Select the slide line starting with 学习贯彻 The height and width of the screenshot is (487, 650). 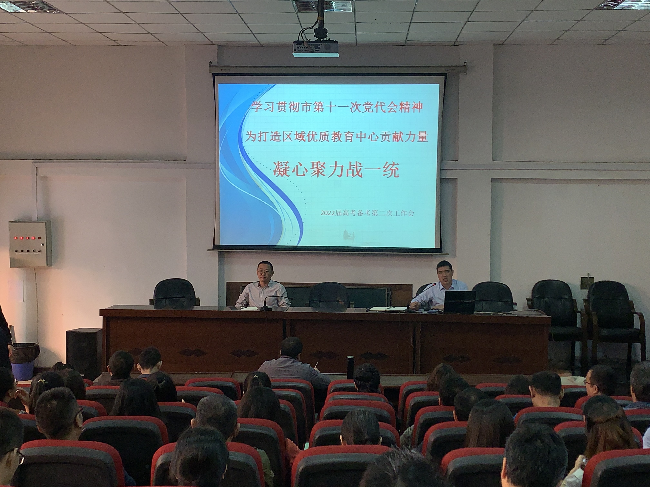(x=336, y=107)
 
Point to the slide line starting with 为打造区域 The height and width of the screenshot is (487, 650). (x=336, y=137)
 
